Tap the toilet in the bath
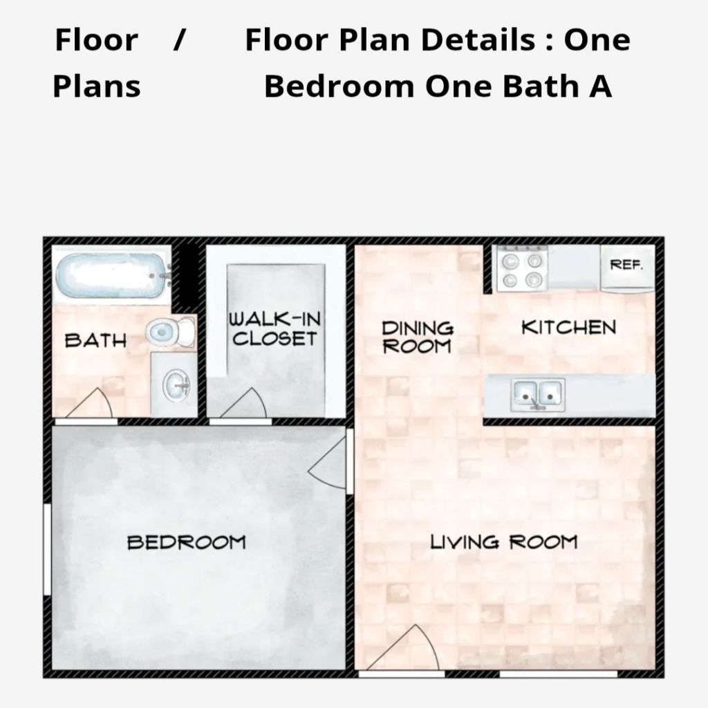tap(171, 332)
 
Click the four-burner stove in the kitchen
tap(523, 269)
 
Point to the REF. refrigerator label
tap(626, 265)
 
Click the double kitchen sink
tap(538, 395)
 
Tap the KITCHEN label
tap(568, 327)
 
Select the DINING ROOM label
tap(417, 337)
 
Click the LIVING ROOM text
tap(504, 542)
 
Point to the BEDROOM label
tap(187, 542)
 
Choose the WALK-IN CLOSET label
tap(274, 328)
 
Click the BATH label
tap(95, 340)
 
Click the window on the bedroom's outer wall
tap(47, 549)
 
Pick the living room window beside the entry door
tap(558, 674)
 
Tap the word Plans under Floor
tap(97, 86)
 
